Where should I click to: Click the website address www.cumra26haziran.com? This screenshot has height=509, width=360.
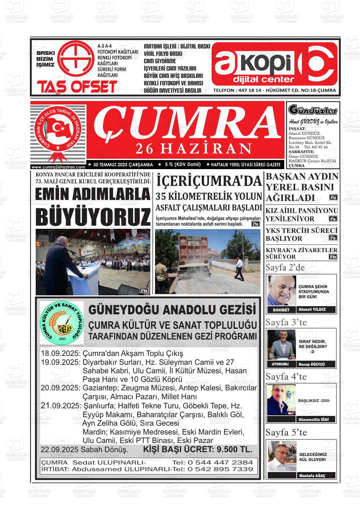58,167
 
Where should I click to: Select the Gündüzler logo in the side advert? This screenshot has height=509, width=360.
313,110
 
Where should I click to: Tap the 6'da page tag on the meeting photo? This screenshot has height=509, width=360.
144,290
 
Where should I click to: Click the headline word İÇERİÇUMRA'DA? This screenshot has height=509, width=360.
209,181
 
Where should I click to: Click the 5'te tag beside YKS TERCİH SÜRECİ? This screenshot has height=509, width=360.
333,238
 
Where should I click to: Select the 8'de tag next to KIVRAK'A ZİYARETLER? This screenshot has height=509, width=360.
333,257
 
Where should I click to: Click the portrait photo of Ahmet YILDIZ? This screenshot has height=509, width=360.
282,290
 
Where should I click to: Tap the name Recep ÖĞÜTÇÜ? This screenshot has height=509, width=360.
312,364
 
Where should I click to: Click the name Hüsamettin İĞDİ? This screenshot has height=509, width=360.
313,419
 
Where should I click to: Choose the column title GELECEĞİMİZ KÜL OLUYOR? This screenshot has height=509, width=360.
313,457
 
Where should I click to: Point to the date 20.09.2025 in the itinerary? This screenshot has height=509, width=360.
60,388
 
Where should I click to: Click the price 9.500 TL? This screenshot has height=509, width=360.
233,449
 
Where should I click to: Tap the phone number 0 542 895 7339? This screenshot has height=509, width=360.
220,469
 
